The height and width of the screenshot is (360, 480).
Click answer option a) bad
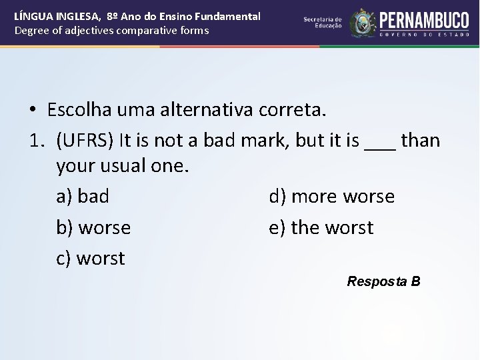coord(83,197)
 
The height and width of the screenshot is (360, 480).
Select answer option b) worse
coord(93,227)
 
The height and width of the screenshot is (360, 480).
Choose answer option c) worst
coord(91,258)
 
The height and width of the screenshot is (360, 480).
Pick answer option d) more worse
coord(331,197)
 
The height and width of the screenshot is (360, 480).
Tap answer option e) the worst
coord(321,227)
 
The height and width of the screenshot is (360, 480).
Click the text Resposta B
coord(383,281)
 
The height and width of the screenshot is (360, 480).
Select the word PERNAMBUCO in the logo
coord(425,19)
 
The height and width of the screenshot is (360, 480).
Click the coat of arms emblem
coord(363,23)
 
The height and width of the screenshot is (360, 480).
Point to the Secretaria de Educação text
coord(323,22)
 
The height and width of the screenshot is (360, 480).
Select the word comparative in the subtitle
coord(143,31)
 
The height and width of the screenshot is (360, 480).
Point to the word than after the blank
coord(421,141)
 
